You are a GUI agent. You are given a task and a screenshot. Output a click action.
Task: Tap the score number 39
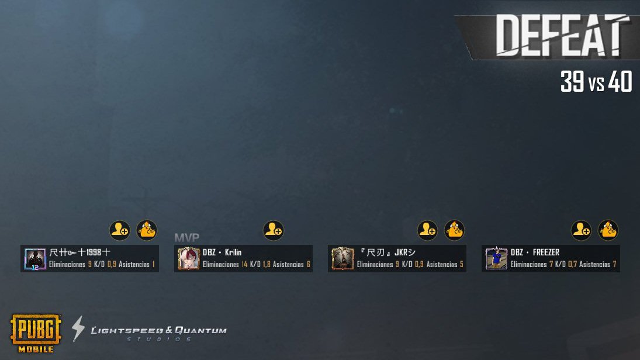[x=572, y=82]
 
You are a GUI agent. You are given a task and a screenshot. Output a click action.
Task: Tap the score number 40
[x=620, y=82]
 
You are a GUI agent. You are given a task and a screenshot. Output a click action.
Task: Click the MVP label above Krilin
[x=186, y=237]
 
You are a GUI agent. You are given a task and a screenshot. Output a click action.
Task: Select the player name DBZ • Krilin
[x=222, y=252]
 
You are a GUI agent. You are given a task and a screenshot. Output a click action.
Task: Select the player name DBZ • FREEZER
[x=535, y=252]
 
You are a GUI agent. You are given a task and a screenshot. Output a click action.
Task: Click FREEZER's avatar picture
[x=496, y=258]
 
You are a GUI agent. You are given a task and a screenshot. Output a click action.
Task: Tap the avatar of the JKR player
[x=343, y=258]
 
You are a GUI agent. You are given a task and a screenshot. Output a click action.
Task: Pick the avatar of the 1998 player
[x=35, y=258]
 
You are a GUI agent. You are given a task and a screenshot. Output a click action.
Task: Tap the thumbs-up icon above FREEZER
[x=608, y=230]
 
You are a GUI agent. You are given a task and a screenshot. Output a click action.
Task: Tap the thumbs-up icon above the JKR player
[x=454, y=230]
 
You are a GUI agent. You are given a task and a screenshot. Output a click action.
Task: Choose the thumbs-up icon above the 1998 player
[x=147, y=230]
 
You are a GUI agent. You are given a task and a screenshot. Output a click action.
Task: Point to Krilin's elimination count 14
[x=244, y=265]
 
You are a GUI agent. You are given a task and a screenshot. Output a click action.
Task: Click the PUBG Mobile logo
[x=35, y=333]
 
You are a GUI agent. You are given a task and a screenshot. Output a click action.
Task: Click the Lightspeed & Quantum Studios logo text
[x=158, y=331]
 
